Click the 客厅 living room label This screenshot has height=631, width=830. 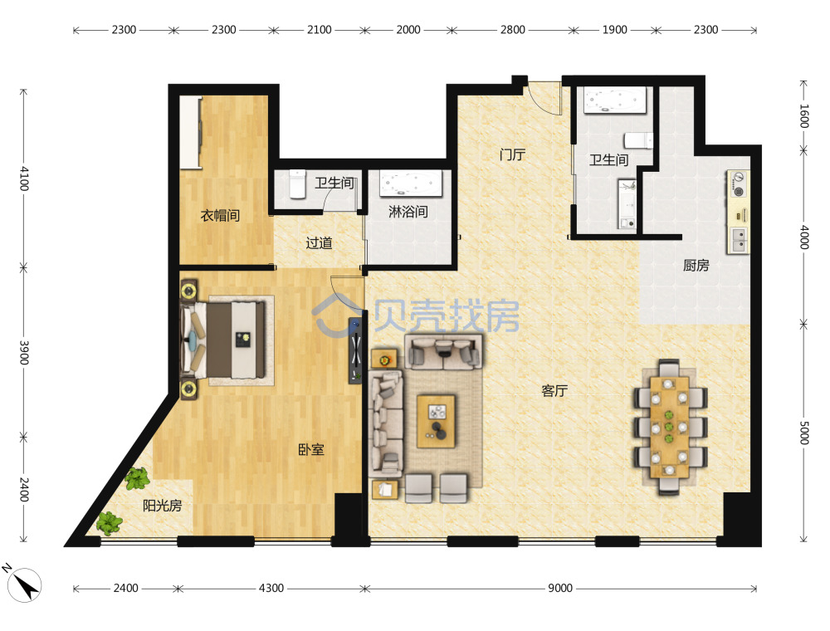point(554,391)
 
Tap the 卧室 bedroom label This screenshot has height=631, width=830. point(310,449)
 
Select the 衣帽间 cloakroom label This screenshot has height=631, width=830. point(220,215)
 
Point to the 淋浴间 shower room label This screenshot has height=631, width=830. point(408,212)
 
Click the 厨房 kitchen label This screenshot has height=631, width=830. point(696,265)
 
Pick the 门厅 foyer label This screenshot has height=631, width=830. point(512,154)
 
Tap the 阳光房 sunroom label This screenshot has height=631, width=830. point(162,506)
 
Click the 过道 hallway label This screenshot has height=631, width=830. point(319,243)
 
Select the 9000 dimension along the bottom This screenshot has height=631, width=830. point(560,588)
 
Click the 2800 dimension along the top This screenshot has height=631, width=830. point(512,30)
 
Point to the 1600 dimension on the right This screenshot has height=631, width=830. point(803,116)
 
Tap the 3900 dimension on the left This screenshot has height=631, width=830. point(24,352)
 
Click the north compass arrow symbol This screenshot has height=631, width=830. point(24,585)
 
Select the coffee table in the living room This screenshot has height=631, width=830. point(437,422)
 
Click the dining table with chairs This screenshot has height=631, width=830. point(670,427)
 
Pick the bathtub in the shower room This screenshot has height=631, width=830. point(411,183)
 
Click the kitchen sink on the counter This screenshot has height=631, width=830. point(739,240)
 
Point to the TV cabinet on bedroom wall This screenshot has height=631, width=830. point(355,350)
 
